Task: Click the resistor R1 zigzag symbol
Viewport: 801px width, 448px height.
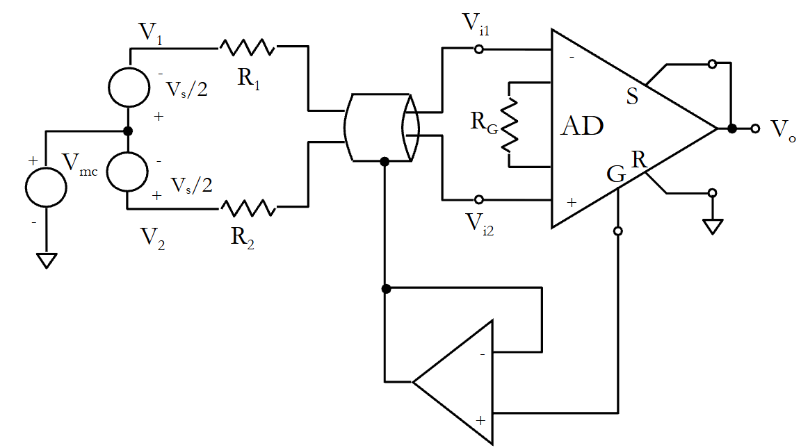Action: (248, 47)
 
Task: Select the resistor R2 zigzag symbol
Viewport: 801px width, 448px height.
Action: (248, 208)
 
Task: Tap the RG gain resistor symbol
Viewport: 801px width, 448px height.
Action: (509, 125)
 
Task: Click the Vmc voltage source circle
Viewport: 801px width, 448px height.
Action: (46, 187)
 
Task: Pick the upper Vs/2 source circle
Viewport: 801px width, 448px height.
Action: (129, 87)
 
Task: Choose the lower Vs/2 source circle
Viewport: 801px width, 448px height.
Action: (127, 172)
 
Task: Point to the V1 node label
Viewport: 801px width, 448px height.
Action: (151, 33)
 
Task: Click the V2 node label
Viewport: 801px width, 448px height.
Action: (153, 238)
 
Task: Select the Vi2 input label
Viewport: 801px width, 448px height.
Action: (480, 224)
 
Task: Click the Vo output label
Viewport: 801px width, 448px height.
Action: (783, 130)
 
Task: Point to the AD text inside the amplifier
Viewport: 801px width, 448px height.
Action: (583, 126)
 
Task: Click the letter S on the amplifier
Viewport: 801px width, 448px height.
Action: (633, 97)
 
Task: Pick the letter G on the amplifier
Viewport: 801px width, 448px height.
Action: (616, 174)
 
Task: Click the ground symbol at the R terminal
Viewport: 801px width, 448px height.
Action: (713, 226)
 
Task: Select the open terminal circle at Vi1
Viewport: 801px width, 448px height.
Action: (478, 49)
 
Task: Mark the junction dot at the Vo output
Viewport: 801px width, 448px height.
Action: (732, 128)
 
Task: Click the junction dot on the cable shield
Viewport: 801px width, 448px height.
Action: (385, 162)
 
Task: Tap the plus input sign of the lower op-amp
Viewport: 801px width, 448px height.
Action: (480, 420)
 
